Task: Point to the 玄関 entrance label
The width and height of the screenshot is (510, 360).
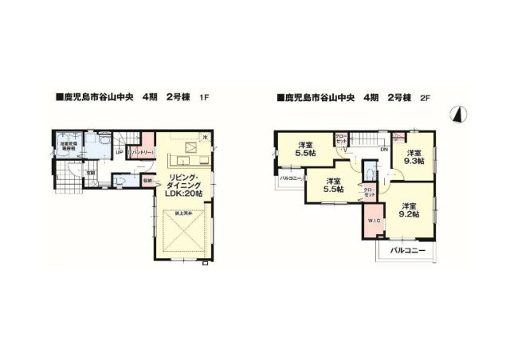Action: [x=91, y=172]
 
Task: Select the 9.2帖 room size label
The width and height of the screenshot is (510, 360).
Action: [x=408, y=212]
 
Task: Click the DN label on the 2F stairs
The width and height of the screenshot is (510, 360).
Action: [x=383, y=149]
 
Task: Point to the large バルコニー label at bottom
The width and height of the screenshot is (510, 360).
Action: [x=407, y=251]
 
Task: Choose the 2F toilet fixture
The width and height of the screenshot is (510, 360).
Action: [x=370, y=174]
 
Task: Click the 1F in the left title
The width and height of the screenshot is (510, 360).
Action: [x=204, y=99]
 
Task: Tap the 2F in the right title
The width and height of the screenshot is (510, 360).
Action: [x=426, y=99]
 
